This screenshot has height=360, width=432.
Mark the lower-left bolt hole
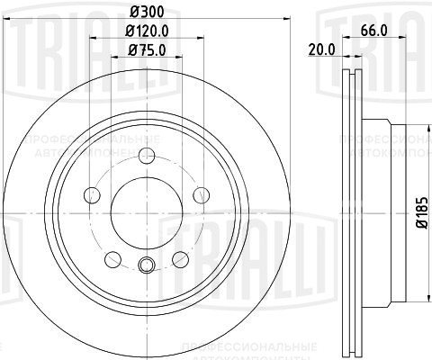tap(112, 259)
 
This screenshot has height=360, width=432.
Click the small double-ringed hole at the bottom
tap(146, 265)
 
